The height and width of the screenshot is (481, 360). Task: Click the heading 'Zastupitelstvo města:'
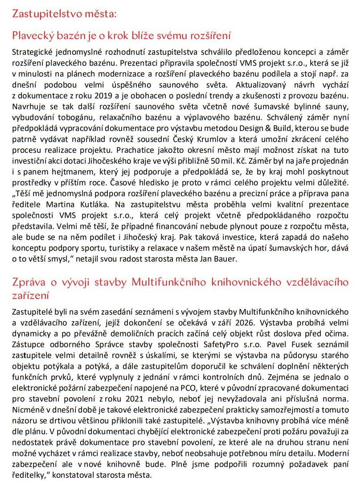click(x=65, y=13)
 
